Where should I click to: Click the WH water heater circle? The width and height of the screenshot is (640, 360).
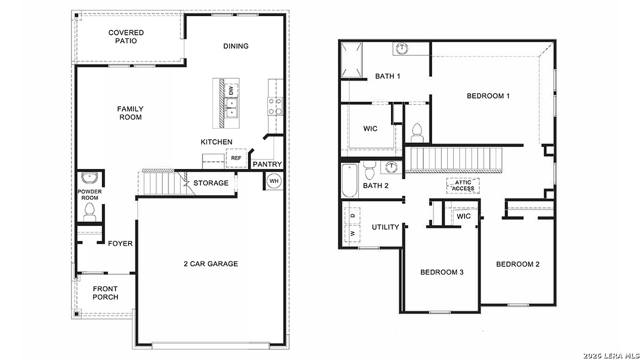coord(274,181)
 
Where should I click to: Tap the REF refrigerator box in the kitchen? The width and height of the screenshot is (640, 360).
coord(236,158)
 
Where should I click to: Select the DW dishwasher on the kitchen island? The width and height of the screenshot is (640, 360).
coord(231,90)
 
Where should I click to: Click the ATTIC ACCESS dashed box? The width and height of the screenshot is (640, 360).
coord(463,186)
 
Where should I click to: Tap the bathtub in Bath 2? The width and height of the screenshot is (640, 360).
coord(349,181)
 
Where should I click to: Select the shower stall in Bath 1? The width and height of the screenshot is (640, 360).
coord(350,60)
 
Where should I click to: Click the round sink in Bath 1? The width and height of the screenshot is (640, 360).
coord(401,49)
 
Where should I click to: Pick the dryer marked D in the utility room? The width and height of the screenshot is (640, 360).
coord(352,215)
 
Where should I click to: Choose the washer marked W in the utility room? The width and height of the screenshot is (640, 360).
coord(352,234)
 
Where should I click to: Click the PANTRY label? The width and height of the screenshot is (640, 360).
coord(267,164)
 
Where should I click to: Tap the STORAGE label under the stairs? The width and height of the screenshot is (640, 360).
coord(211,183)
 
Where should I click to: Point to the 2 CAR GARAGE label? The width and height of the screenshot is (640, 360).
coord(211,264)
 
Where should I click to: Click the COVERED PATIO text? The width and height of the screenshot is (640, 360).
coord(126,37)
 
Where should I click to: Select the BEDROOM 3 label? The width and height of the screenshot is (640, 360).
coord(442,272)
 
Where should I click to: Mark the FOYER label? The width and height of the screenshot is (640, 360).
coord(120,244)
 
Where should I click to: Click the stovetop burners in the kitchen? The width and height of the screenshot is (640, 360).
coord(275,106)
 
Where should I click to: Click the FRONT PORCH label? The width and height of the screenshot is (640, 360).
coord(105,293)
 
